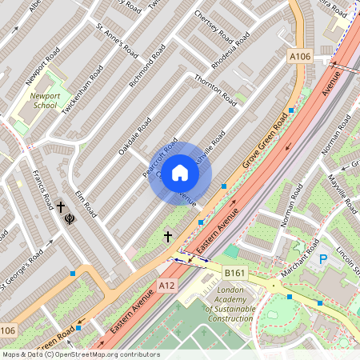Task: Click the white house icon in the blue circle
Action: (180, 172)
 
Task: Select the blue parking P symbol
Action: (323, 258)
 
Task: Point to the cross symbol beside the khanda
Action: (60, 207)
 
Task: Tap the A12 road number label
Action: (166, 285)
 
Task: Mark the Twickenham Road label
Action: (83, 89)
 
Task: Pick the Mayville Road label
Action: (342, 188)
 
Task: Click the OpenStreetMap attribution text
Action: (81, 354)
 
